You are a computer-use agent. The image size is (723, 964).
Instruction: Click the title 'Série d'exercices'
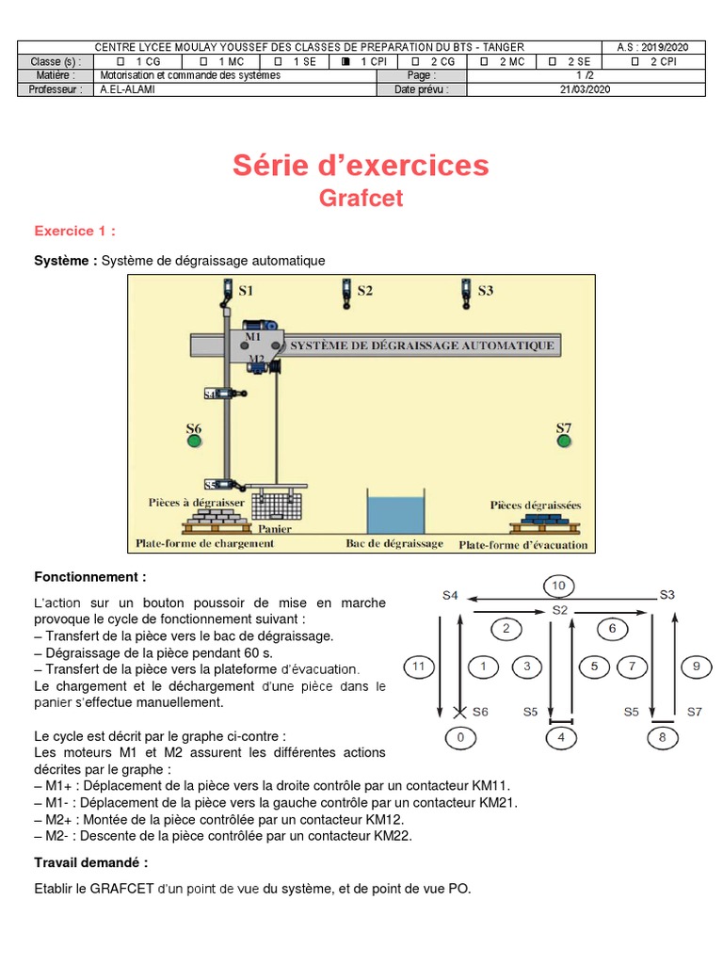coord(361,166)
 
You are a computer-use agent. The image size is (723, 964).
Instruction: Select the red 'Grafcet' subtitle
coord(361,199)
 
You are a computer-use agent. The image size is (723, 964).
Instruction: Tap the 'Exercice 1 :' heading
coord(75,231)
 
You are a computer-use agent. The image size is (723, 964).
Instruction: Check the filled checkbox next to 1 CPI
coord(346,61)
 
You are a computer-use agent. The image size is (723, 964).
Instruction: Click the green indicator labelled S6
coord(194,440)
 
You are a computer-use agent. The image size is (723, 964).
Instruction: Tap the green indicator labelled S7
coord(563,440)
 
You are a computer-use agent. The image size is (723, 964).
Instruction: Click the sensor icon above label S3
coord(465,292)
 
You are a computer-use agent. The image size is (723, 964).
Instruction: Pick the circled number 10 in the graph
coord(558,586)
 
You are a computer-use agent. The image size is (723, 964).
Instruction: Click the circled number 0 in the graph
coord(460,737)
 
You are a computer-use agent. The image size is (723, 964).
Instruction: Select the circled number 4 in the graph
coord(561,737)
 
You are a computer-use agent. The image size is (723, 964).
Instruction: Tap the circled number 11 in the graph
coord(420,667)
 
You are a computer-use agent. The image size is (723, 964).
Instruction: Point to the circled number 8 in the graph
coord(662,737)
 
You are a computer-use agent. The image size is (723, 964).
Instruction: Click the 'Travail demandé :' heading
coord(90,862)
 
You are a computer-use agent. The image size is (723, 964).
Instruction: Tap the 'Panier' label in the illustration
coord(275,529)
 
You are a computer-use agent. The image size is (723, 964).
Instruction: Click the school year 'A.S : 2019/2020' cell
coord(652,47)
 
